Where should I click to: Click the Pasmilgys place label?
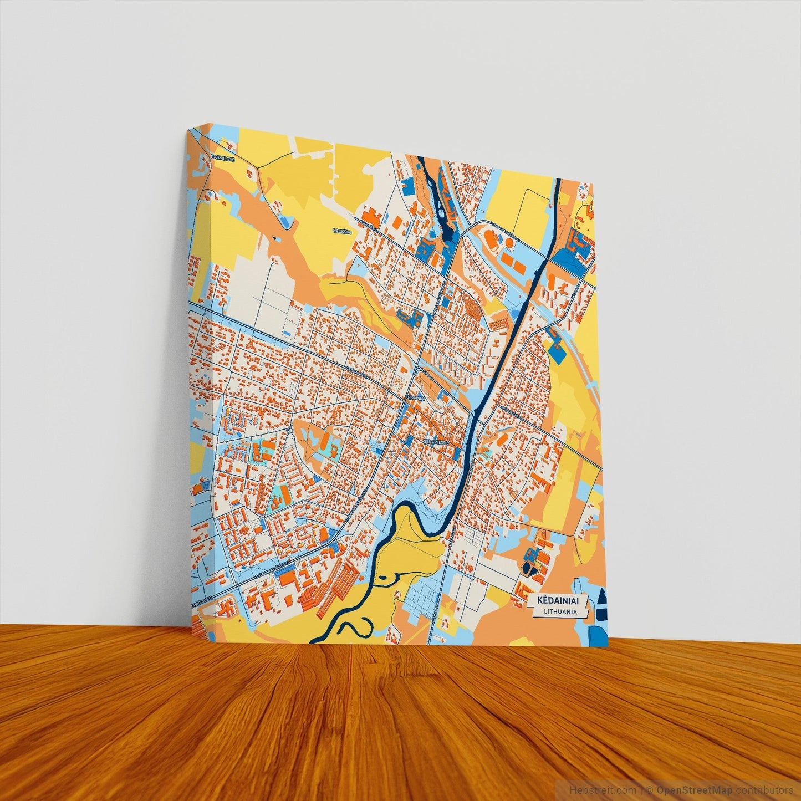point(223,157)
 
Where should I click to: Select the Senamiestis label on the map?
point(438,441)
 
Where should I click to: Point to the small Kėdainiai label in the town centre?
point(415,398)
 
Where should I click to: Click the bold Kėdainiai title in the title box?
point(558,600)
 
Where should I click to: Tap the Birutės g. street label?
point(369,223)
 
